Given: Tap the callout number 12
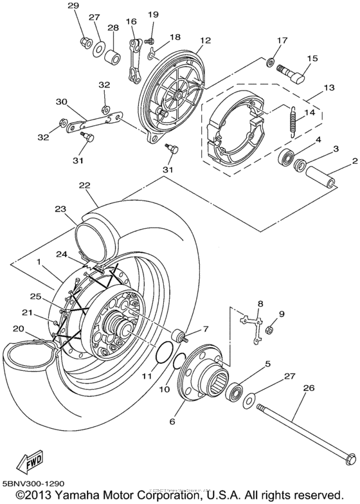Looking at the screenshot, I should (205, 40).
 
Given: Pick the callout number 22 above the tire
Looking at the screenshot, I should (84, 184).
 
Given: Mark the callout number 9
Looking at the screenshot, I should (281, 314).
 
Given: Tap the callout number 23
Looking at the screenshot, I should (60, 208).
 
